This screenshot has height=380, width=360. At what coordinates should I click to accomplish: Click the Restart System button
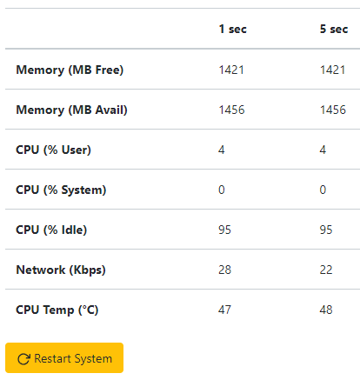tap(64, 358)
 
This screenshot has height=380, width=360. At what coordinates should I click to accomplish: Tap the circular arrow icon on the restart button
tap(23, 359)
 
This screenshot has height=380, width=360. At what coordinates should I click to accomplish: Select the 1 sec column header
tap(233, 29)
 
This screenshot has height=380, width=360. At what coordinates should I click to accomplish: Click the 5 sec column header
tap(334, 29)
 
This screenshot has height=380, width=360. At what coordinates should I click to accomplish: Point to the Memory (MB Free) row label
tap(70, 70)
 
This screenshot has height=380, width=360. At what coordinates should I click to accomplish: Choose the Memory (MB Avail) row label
tap(71, 110)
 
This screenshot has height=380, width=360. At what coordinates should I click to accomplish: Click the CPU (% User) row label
tap(53, 150)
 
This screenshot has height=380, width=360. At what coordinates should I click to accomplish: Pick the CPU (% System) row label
tap(61, 190)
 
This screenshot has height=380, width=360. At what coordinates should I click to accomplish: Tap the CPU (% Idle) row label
tap(51, 230)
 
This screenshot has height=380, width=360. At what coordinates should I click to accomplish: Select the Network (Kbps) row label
tap(61, 270)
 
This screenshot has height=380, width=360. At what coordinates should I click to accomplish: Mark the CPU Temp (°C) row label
tap(57, 310)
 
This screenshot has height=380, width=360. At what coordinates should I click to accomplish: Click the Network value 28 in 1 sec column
tap(225, 270)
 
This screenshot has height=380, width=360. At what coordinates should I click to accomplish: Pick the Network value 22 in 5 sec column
tap(326, 270)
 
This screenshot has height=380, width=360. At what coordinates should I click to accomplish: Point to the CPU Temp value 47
tap(225, 310)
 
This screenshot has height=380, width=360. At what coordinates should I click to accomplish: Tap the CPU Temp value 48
tap(326, 310)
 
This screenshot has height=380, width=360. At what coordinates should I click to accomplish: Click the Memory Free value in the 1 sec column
tap(231, 70)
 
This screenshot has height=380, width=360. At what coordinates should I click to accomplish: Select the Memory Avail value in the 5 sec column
tap(333, 110)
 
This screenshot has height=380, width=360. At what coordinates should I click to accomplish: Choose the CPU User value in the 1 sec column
tap(222, 150)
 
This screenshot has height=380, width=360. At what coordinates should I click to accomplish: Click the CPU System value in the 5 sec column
tap(323, 190)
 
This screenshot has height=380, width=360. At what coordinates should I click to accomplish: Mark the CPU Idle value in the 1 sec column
tap(225, 230)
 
